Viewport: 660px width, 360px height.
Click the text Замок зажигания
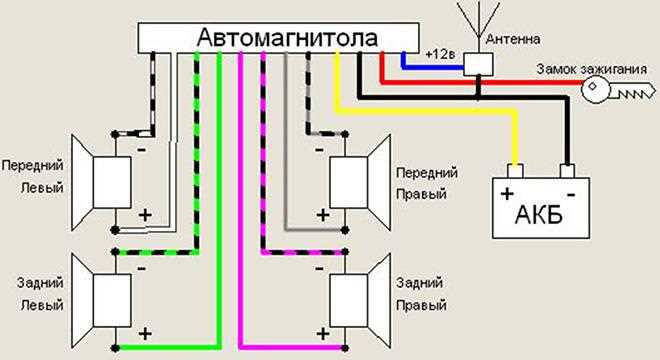590,68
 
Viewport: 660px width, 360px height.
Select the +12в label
440,52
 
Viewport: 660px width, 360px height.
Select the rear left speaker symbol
100,295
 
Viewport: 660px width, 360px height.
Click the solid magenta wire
241,200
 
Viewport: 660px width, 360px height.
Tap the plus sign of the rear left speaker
144,332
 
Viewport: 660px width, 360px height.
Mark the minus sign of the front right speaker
317,149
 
